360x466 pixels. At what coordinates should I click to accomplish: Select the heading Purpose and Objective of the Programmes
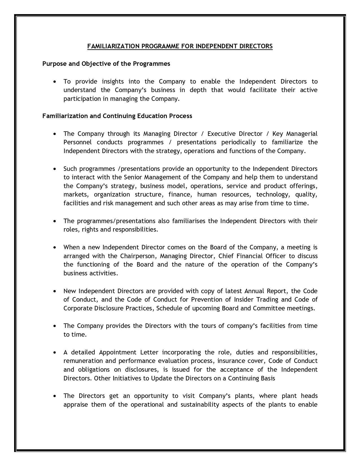pos(106,64)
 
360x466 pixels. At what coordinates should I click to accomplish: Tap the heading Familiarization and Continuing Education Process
pos(117,116)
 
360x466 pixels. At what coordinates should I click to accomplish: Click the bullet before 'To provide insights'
pos(55,82)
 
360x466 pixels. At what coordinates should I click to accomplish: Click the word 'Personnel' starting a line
pos(77,142)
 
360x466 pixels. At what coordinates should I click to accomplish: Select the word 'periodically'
pos(238,142)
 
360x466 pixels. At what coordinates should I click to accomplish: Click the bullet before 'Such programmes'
pos(55,169)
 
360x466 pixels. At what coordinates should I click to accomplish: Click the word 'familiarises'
pos(189,221)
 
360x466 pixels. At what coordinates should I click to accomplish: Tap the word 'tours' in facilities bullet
pos(209,326)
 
